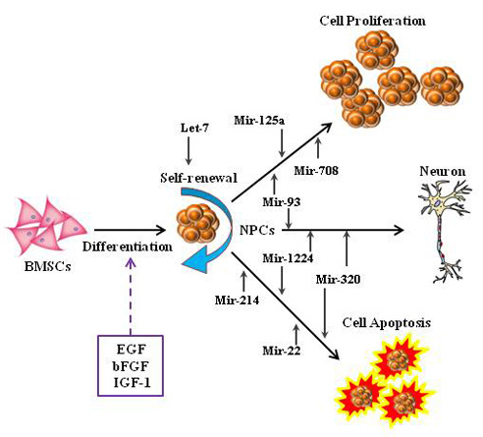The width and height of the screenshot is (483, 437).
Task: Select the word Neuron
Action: [432, 170]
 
